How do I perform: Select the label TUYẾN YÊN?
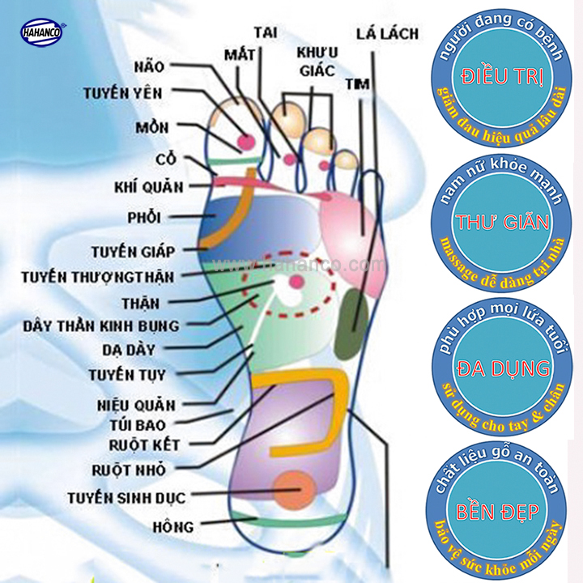[x=122, y=93]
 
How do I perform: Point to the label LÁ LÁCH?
[x=388, y=33]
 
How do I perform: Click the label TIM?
[x=357, y=83]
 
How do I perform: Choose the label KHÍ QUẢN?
[x=149, y=187]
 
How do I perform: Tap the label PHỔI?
[x=144, y=217]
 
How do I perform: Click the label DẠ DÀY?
[x=130, y=350]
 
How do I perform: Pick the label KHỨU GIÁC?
[x=316, y=62]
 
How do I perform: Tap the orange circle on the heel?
[x=293, y=490]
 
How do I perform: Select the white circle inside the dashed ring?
[x=283, y=286]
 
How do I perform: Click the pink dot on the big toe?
[x=245, y=142]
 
